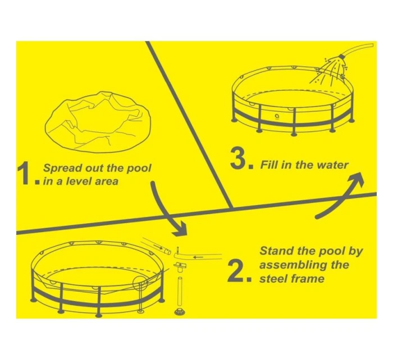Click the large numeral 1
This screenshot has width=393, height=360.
point(25,173)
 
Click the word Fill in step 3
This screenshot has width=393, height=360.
point(269,165)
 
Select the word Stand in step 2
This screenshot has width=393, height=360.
point(276,251)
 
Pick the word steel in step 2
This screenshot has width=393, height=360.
point(273,279)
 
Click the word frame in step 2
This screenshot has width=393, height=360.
point(307,279)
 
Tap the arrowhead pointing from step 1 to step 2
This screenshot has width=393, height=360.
point(180,229)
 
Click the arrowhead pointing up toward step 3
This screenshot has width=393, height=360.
point(355,179)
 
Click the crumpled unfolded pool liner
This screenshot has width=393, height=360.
point(98,122)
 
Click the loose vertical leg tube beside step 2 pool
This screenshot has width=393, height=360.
point(180,292)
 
